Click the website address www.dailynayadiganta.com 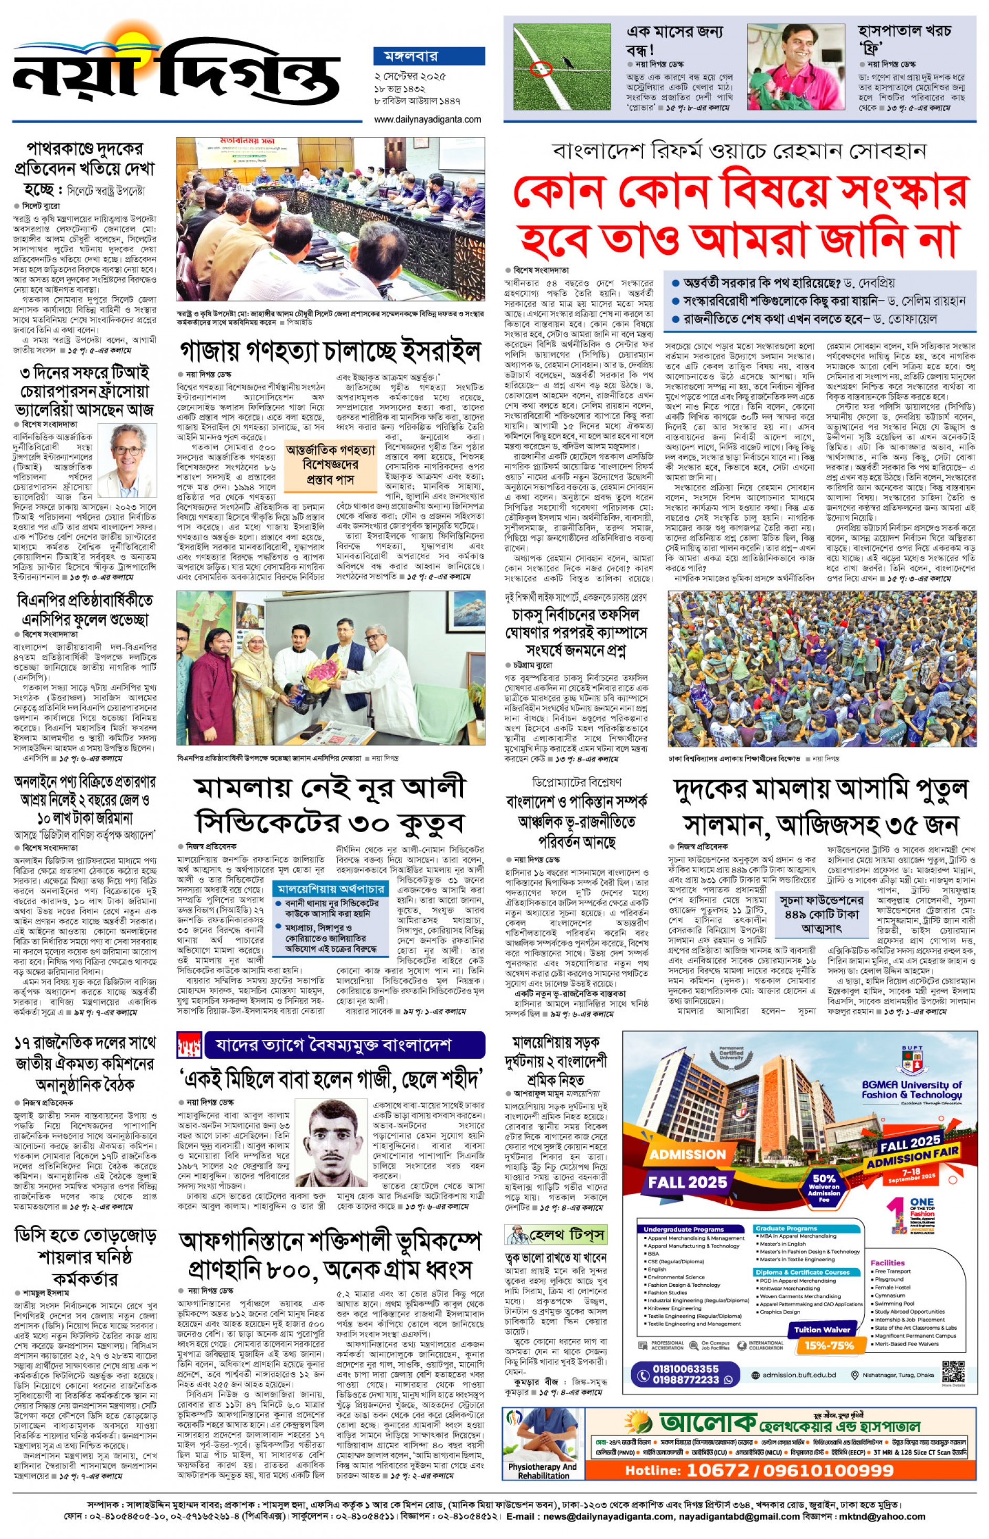pos(427,120)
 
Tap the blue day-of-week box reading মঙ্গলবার pos(428,56)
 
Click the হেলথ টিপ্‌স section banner pos(556,1235)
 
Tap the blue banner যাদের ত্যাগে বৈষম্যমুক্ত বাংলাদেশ pos(344,1046)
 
